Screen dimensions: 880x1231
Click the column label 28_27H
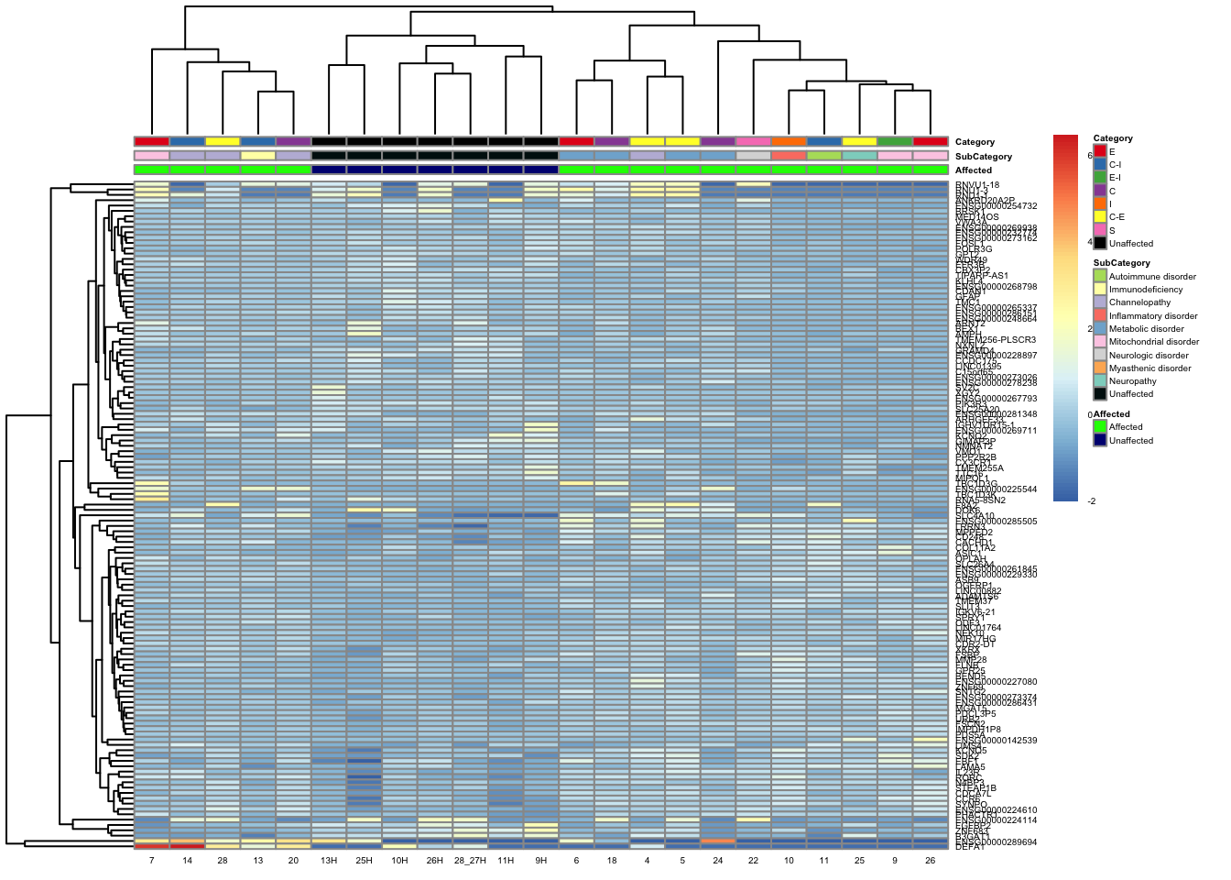tap(470, 861)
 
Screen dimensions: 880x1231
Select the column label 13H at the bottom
tap(329, 861)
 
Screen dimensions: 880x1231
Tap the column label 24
tap(718, 861)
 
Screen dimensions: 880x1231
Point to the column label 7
tap(151, 861)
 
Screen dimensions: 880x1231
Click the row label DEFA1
tap(970, 847)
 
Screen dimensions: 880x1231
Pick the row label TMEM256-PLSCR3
tap(996, 340)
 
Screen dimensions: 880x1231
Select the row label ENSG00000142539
tap(996, 741)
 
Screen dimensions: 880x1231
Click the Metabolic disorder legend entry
tap(1146, 329)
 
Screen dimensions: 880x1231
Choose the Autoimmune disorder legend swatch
tap(1099, 276)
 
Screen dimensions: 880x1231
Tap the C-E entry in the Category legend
tap(1117, 217)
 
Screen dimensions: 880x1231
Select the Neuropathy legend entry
tap(1132, 381)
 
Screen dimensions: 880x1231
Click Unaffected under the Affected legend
tap(1131, 441)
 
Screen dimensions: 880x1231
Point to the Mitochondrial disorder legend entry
tap(1153, 342)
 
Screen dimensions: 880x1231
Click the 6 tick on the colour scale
tap(1090, 156)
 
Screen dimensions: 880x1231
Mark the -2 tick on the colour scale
tap(1091, 501)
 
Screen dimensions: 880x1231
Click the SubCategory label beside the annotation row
tap(983, 157)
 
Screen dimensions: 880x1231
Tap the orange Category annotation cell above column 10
tap(789, 141)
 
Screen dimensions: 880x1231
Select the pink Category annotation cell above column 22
tap(753, 141)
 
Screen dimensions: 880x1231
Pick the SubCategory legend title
tap(1121, 263)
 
